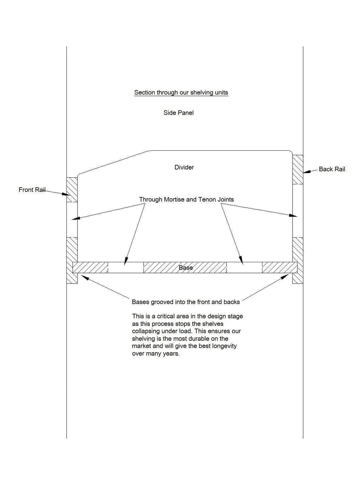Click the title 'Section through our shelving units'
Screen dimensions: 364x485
[x=181, y=92]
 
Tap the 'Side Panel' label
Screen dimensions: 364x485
[x=178, y=113]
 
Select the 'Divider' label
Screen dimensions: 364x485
[x=184, y=167]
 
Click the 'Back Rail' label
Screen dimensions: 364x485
[x=332, y=169]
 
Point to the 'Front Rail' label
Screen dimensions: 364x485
[x=32, y=190]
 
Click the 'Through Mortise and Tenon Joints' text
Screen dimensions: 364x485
[x=186, y=200]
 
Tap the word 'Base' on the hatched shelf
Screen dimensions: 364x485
[x=186, y=268]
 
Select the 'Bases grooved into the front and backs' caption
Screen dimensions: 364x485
[x=186, y=302]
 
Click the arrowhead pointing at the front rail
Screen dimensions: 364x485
[x=65, y=194]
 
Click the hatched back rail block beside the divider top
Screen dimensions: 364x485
[x=298, y=170]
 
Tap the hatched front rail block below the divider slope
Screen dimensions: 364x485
[x=72, y=190]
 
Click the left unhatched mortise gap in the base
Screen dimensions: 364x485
[x=125, y=268]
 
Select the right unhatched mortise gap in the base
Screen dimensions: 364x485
[x=244, y=268]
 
